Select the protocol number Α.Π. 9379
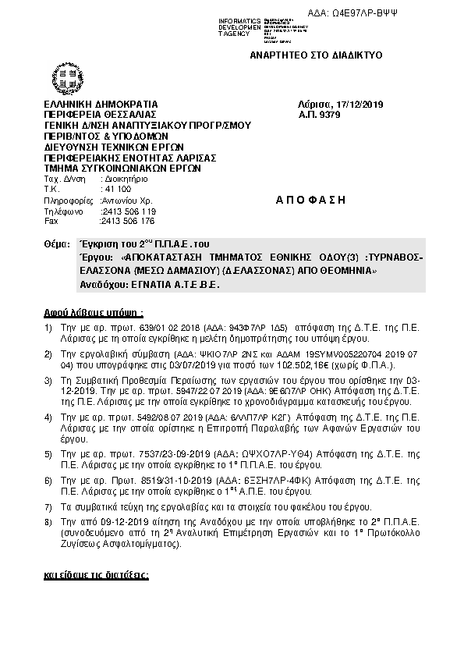pos(320,115)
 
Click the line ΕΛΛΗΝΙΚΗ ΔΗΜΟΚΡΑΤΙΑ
pos(101,105)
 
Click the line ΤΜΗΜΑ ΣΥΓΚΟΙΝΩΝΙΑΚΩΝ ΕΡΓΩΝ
pos(122,168)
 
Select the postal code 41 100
pos(117,189)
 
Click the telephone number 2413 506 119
pos(129,211)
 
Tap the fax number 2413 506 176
pos(128,221)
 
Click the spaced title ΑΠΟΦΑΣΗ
pos(310,200)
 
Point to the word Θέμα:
pos(58,244)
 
